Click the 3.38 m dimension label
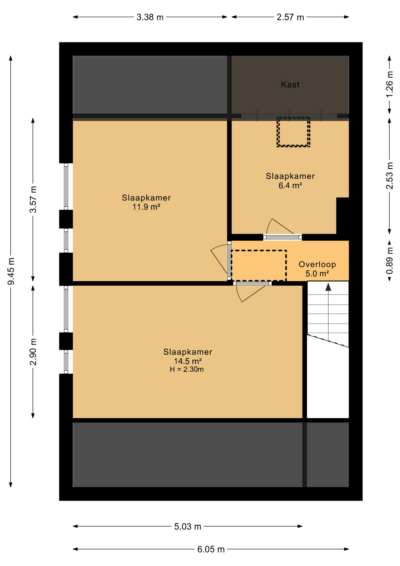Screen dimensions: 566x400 pos(150,17)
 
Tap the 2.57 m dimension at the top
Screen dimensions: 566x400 pos(290,17)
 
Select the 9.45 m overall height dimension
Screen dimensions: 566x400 pos(11,271)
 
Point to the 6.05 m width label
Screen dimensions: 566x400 pos(211,549)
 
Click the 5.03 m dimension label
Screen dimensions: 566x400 pos(187,526)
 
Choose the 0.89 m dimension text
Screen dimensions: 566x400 pos(389,260)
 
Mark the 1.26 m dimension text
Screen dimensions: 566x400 pos(389,84)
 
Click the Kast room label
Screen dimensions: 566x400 pos(290,85)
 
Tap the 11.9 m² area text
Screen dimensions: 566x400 pos(146,207)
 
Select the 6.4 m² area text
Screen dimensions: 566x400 pos(290,185)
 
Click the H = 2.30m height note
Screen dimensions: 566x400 pos(187,369)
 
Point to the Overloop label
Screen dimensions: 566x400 pos(317,264)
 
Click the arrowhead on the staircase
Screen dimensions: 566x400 pos(328,287)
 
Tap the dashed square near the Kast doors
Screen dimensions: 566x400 pos(293,132)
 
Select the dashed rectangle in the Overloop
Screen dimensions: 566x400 pos(259,265)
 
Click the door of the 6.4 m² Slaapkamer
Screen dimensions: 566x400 pos(282,237)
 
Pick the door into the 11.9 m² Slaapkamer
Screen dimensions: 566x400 pos(229,261)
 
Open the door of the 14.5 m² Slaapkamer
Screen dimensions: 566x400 pos(252,283)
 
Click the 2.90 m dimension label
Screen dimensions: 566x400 pos(33,351)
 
